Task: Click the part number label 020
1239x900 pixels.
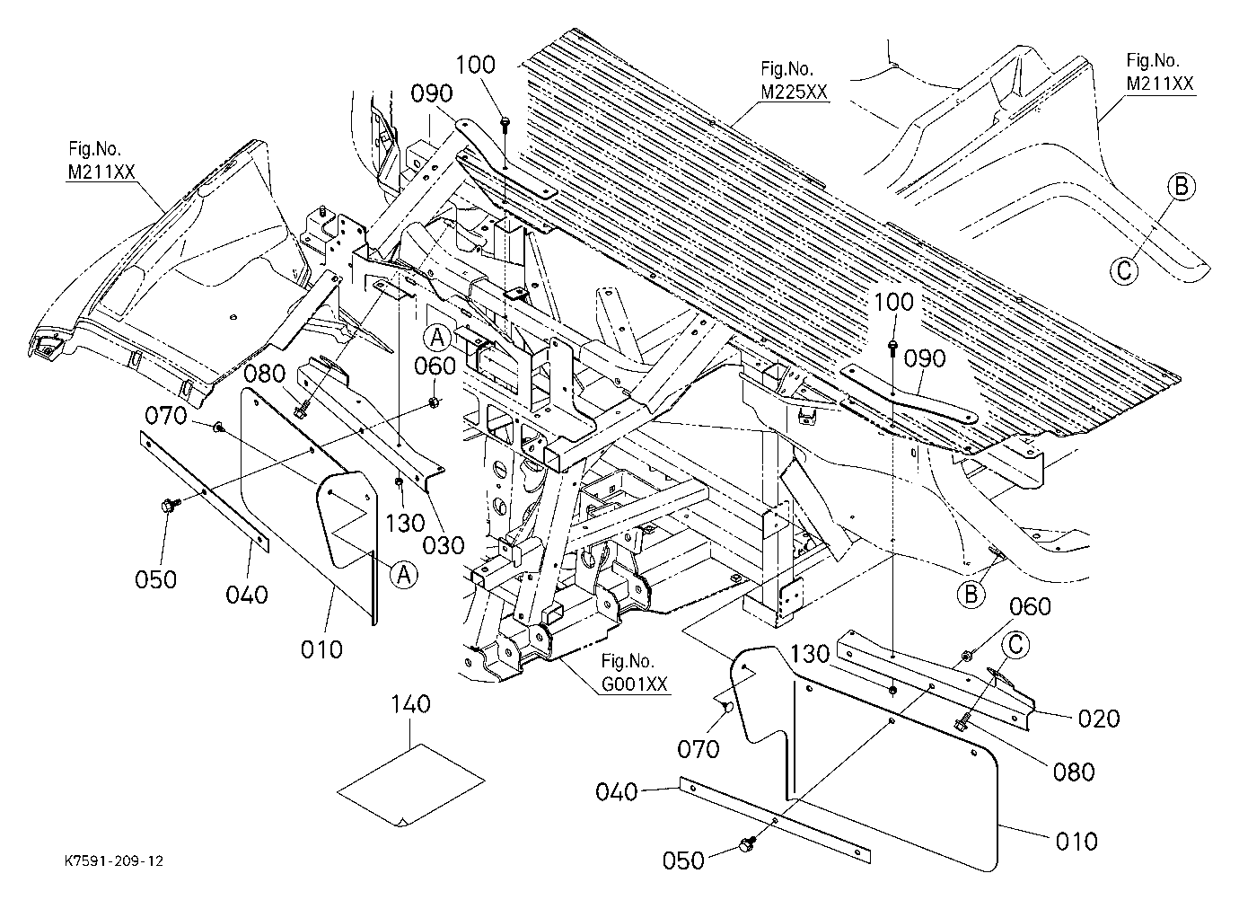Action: [1098, 719]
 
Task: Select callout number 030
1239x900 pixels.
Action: [443, 546]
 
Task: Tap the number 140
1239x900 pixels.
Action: [410, 704]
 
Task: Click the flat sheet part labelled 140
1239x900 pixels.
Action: [411, 785]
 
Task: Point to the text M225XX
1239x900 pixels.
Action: [795, 92]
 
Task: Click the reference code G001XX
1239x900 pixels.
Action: [635, 684]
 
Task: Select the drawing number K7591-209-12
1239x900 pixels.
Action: [114, 860]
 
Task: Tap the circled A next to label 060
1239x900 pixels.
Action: [437, 338]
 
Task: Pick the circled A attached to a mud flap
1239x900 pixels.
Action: [404, 575]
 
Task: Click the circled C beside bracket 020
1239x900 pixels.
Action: [1015, 646]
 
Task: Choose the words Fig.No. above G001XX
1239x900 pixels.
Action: [628, 661]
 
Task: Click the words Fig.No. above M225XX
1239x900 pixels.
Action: [787, 68]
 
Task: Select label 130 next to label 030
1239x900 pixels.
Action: [405, 523]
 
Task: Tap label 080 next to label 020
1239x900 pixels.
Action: [1074, 772]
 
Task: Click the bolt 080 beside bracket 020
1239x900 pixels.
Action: [962, 722]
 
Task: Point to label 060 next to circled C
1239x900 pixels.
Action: [1030, 606]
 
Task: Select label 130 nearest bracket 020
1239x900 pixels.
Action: [810, 654]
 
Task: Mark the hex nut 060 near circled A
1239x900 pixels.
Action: [434, 401]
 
